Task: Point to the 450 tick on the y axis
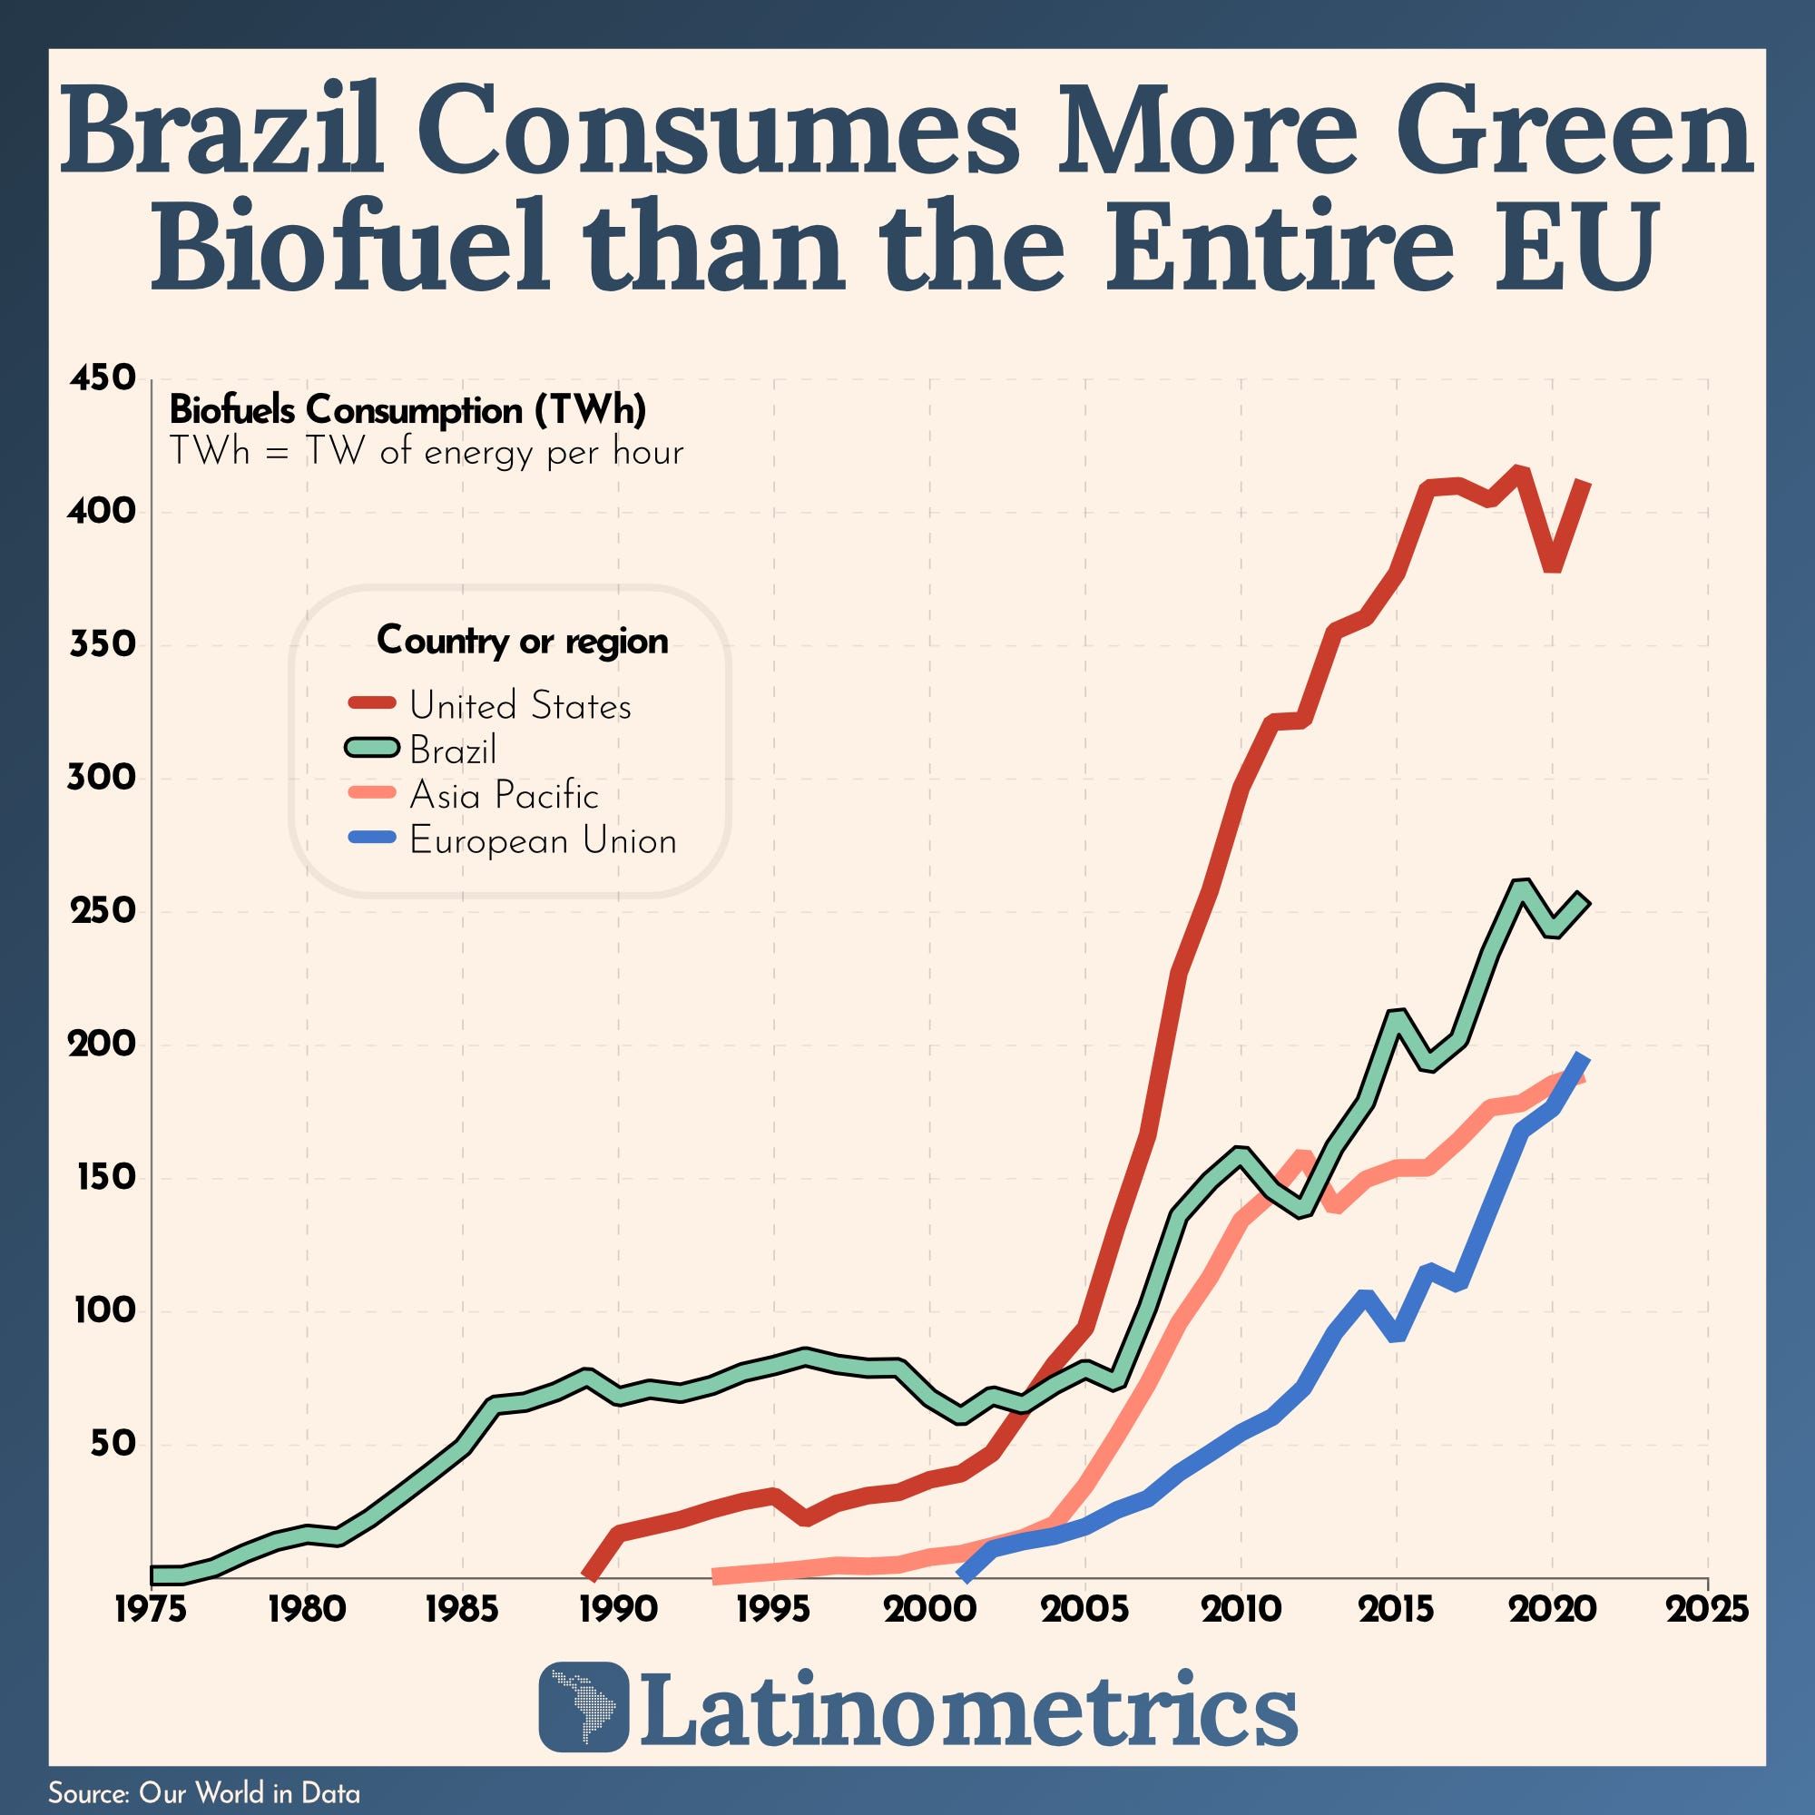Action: pyautogui.click(x=103, y=378)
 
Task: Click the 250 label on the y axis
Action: pyautogui.click(x=103, y=911)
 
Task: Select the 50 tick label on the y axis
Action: pyautogui.click(x=113, y=1444)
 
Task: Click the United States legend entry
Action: pyautogui.click(x=519, y=705)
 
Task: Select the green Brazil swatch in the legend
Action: pyautogui.click(x=372, y=749)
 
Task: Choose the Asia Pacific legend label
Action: pyautogui.click(x=504, y=796)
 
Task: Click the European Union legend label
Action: pyautogui.click(x=542, y=841)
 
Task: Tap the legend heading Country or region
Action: pyautogui.click(x=523, y=641)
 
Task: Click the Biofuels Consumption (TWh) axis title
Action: pyautogui.click(x=407, y=410)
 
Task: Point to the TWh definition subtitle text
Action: pyautogui.click(x=426, y=453)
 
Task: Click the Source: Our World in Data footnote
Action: pyautogui.click(x=204, y=1792)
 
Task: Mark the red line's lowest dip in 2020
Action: pyautogui.click(x=1552, y=566)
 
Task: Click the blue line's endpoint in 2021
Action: pyautogui.click(x=1584, y=1060)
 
